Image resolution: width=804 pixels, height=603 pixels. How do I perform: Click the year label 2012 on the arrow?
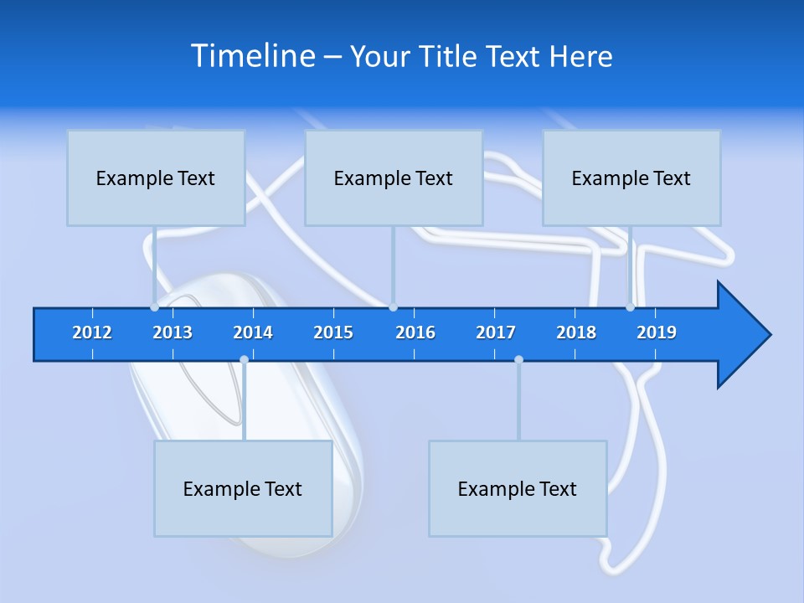92,333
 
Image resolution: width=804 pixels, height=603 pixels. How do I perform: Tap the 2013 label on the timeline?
173,333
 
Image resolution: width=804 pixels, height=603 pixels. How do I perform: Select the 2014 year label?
253,333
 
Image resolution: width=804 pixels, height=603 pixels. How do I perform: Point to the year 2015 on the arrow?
333,333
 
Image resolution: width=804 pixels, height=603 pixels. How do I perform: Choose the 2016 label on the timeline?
415,333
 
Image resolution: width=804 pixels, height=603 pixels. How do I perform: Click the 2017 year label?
496,333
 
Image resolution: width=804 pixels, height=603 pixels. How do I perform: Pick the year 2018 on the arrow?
576,333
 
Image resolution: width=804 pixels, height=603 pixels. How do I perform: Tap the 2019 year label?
657,333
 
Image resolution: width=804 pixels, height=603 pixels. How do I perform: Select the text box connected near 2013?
156,178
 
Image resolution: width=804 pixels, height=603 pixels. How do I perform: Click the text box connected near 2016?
394,178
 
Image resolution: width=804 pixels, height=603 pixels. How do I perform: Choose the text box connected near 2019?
631,178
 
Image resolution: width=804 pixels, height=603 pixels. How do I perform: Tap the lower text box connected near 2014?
243,488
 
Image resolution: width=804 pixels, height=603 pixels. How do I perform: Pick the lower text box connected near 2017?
518,488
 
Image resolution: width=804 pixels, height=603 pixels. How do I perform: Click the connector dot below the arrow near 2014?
244,360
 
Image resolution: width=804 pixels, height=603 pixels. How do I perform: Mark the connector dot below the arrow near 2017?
518,360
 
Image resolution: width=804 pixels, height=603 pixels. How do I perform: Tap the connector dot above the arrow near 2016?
393,307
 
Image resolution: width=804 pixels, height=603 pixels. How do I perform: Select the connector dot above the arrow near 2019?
630,307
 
